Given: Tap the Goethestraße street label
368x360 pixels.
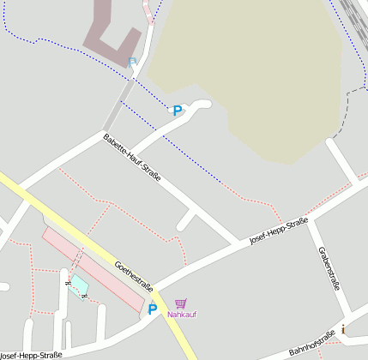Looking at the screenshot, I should click(x=134, y=274).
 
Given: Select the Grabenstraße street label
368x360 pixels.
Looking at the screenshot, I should click(x=329, y=267).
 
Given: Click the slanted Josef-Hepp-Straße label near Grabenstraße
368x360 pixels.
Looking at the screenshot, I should click(x=279, y=232).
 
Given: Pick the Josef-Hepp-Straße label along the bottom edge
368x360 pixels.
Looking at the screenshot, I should click(x=31, y=355).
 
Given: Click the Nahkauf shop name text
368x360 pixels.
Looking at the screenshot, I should click(x=182, y=315).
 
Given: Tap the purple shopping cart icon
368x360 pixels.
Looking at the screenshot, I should click(x=180, y=303).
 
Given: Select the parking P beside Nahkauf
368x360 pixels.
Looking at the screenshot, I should click(x=153, y=310).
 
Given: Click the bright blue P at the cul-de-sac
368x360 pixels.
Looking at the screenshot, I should click(x=177, y=111).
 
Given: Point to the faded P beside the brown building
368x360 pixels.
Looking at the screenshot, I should click(x=132, y=62).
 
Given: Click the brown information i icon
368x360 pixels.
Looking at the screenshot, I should click(x=344, y=329).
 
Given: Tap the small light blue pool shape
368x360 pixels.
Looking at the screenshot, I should click(x=78, y=284).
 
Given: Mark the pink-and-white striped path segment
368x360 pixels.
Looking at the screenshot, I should click(x=149, y=10).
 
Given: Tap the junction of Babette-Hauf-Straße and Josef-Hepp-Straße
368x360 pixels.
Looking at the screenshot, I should click(x=238, y=243).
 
